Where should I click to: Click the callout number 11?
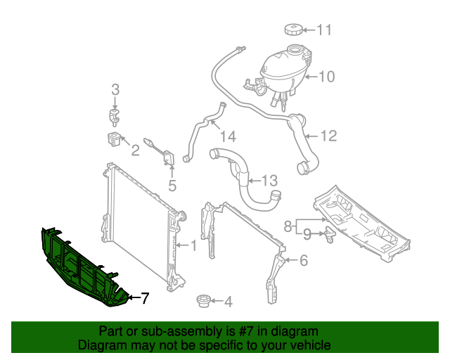tap(323, 30)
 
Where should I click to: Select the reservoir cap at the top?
tap(292, 30)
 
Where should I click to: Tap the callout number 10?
tap(327, 76)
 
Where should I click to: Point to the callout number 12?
tap(329, 136)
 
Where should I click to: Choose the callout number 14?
tap(228, 136)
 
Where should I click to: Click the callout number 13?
tap(270, 181)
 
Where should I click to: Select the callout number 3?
tap(115, 89)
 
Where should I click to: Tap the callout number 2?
tap(135, 150)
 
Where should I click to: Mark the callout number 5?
tap(172, 186)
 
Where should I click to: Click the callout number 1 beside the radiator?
tap(193, 245)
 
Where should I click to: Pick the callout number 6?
tap(304, 261)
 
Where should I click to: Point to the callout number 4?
tap(228, 302)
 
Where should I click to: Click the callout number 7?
tap(144, 298)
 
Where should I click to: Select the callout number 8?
tap(288, 226)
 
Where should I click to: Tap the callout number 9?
tap(307, 233)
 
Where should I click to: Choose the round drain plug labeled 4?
tap(203, 301)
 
